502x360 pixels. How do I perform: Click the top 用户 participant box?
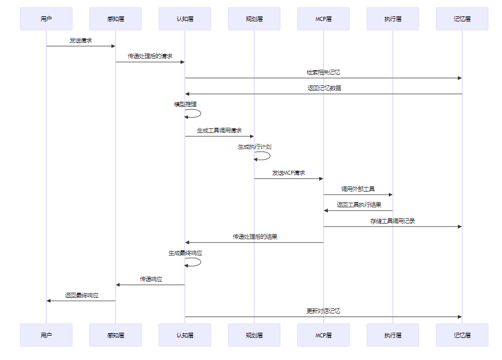click(x=46, y=19)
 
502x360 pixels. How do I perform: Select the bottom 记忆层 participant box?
click(x=462, y=335)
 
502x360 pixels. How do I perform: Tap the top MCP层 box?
click(x=323, y=19)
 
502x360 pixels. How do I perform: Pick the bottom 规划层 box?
click(x=254, y=335)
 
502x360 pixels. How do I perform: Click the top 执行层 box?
click(x=393, y=19)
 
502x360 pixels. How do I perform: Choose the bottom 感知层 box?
click(x=115, y=335)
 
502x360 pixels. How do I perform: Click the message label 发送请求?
click(x=81, y=41)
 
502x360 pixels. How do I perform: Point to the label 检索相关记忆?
click(x=323, y=73)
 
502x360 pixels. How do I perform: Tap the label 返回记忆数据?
click(x=324, y=88)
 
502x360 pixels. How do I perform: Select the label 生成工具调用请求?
click(x=219, y=131)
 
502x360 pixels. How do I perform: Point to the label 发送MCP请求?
click(x=288, y=173)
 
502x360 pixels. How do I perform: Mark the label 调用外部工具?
click(x=358, y=189)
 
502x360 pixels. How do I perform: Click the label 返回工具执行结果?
click(x=359, y=205)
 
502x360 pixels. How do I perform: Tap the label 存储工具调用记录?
click(x=392, y=221)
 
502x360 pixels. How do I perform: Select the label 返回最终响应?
click(x=81, y=295)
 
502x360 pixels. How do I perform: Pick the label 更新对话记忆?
click(x=323, y=311)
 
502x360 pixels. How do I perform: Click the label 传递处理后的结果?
click(x=255, y=237)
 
